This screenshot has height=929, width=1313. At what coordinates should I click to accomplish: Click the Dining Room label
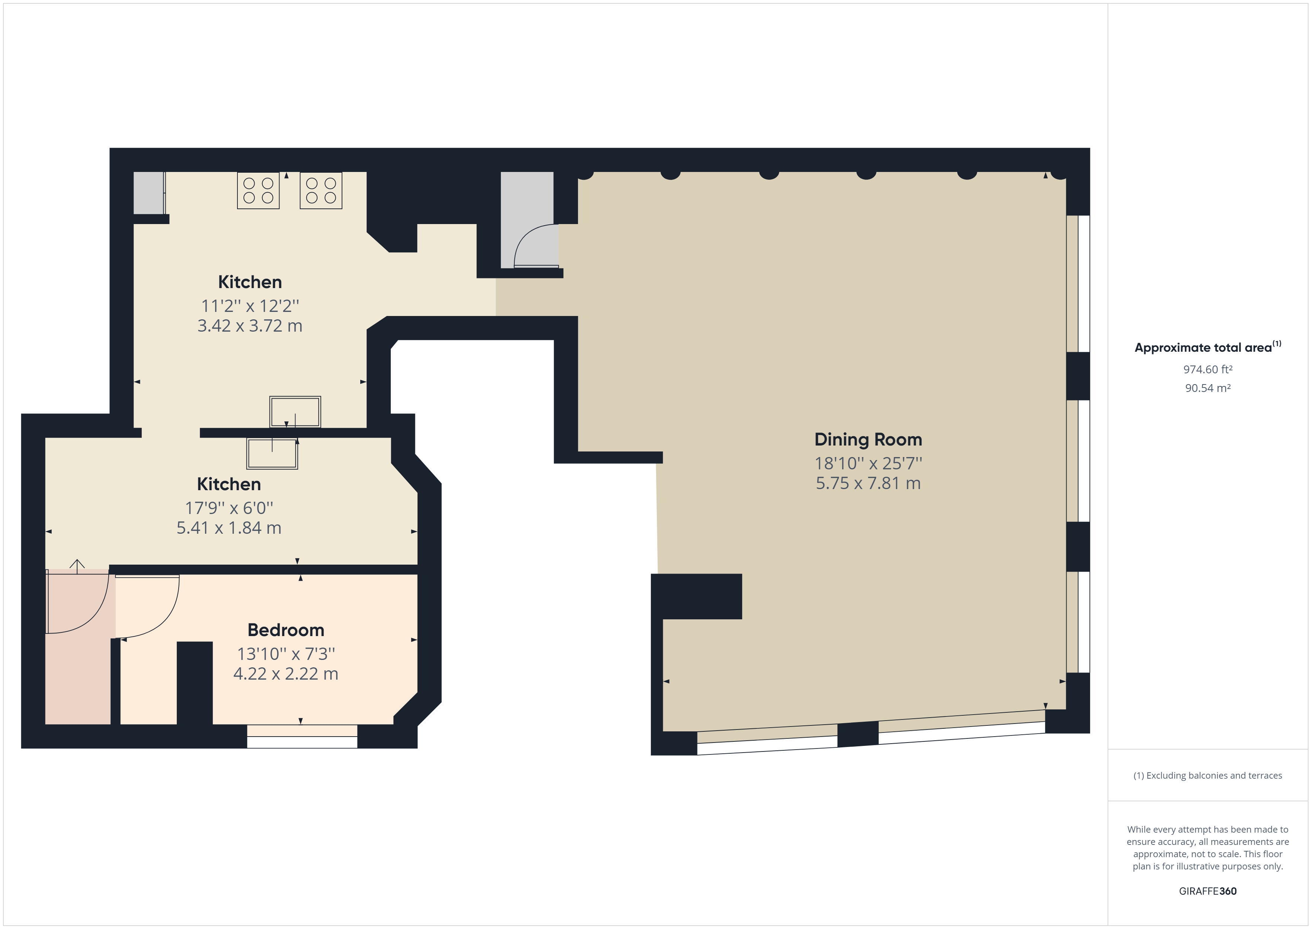(868, 440)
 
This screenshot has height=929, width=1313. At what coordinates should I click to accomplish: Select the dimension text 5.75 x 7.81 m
(868, 483)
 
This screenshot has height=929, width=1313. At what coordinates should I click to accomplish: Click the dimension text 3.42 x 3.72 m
(250, 326)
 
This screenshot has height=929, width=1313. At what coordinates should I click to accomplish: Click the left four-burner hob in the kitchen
(259, 191)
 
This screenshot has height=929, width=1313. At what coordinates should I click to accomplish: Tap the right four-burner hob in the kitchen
(321, 191)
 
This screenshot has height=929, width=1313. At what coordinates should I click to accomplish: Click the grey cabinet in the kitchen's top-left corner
(149, 193)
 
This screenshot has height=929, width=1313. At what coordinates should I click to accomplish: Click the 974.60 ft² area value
(1208, 370)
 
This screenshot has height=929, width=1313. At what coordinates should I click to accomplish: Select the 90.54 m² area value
(1208, 388)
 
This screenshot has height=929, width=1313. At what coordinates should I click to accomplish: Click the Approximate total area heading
(1208, 347)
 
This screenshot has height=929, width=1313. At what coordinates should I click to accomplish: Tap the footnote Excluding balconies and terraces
(1208, 776)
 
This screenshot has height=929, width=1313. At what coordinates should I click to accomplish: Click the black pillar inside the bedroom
(194, 683)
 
